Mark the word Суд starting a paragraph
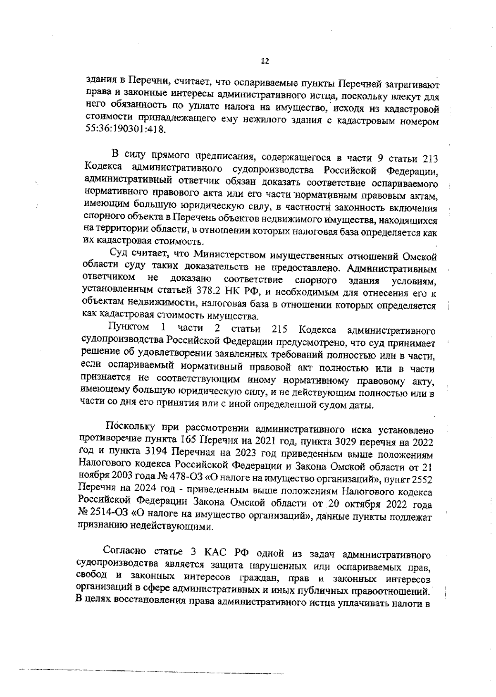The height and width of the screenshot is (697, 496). [117, 252]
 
